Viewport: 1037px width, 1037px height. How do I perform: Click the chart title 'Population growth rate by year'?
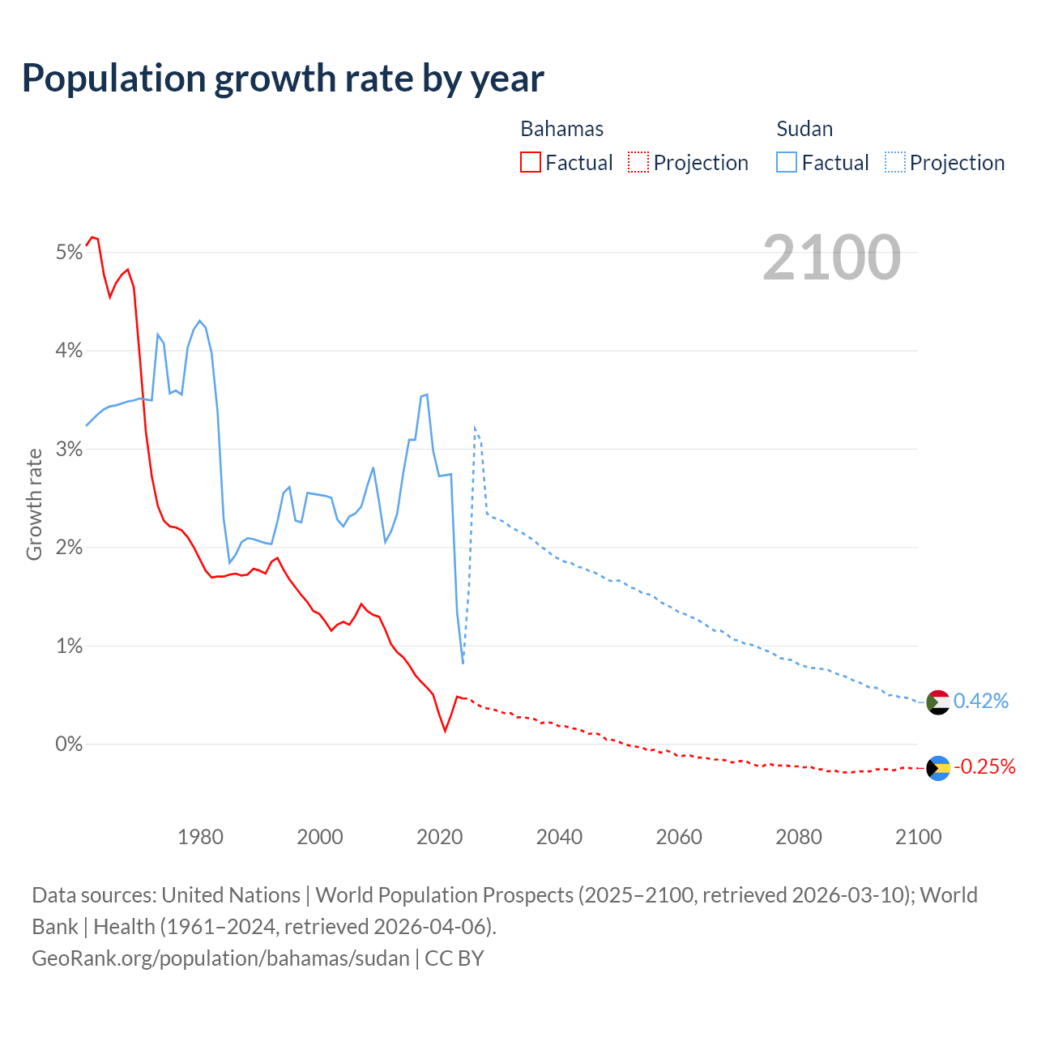tap(283, 79)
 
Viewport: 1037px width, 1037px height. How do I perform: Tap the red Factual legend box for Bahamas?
tap(531, 162)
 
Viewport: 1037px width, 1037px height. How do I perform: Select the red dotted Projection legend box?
tap(638, 162)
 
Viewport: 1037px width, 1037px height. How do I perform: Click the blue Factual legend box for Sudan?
tap(787, 162)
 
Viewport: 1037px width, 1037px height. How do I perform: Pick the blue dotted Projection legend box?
tap(895, 162)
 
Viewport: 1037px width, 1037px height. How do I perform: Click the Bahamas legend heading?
tap(561, 129)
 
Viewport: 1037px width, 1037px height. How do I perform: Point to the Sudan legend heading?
tap(804, 129)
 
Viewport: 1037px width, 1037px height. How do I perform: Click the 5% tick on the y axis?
tap(70, 253)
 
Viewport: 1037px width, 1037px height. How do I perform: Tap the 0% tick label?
tap(70, 744)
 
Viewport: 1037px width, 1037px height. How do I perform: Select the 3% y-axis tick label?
tap(70, 449)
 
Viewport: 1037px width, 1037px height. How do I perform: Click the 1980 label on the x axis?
tap(200, 837)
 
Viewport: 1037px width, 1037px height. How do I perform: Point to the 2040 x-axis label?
tap(559, 837)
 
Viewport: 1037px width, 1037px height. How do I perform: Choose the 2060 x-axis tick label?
tap(679, 837)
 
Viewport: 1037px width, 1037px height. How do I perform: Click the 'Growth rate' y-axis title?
tap(34, 504)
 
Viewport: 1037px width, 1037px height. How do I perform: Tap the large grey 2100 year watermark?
tap(831, 258)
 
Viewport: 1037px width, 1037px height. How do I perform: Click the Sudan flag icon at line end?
tap(938, 702)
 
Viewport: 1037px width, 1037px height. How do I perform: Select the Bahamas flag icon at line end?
tap(938, 768)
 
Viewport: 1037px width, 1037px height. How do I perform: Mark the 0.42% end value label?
tap(981, 701)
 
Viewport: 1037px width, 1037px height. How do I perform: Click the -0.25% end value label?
tap(984, 766)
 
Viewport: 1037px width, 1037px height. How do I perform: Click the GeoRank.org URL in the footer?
tap(220, 958)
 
